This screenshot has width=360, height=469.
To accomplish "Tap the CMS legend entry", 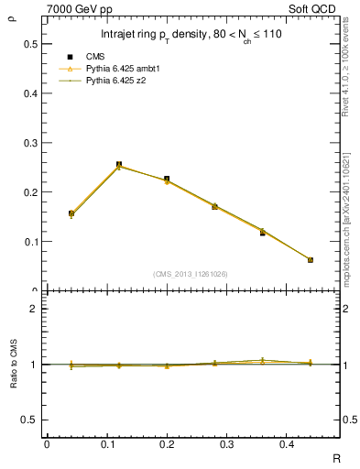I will coord(97,57).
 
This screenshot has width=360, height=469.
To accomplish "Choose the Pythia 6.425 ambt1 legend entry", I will coord(125,69).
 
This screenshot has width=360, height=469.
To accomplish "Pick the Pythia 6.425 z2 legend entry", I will coord(118,81).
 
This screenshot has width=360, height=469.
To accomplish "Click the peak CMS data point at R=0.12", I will coord(119,165).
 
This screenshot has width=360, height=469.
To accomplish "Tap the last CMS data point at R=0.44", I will coord(311,260).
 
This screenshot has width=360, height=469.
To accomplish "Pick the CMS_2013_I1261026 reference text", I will coord(191,274).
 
